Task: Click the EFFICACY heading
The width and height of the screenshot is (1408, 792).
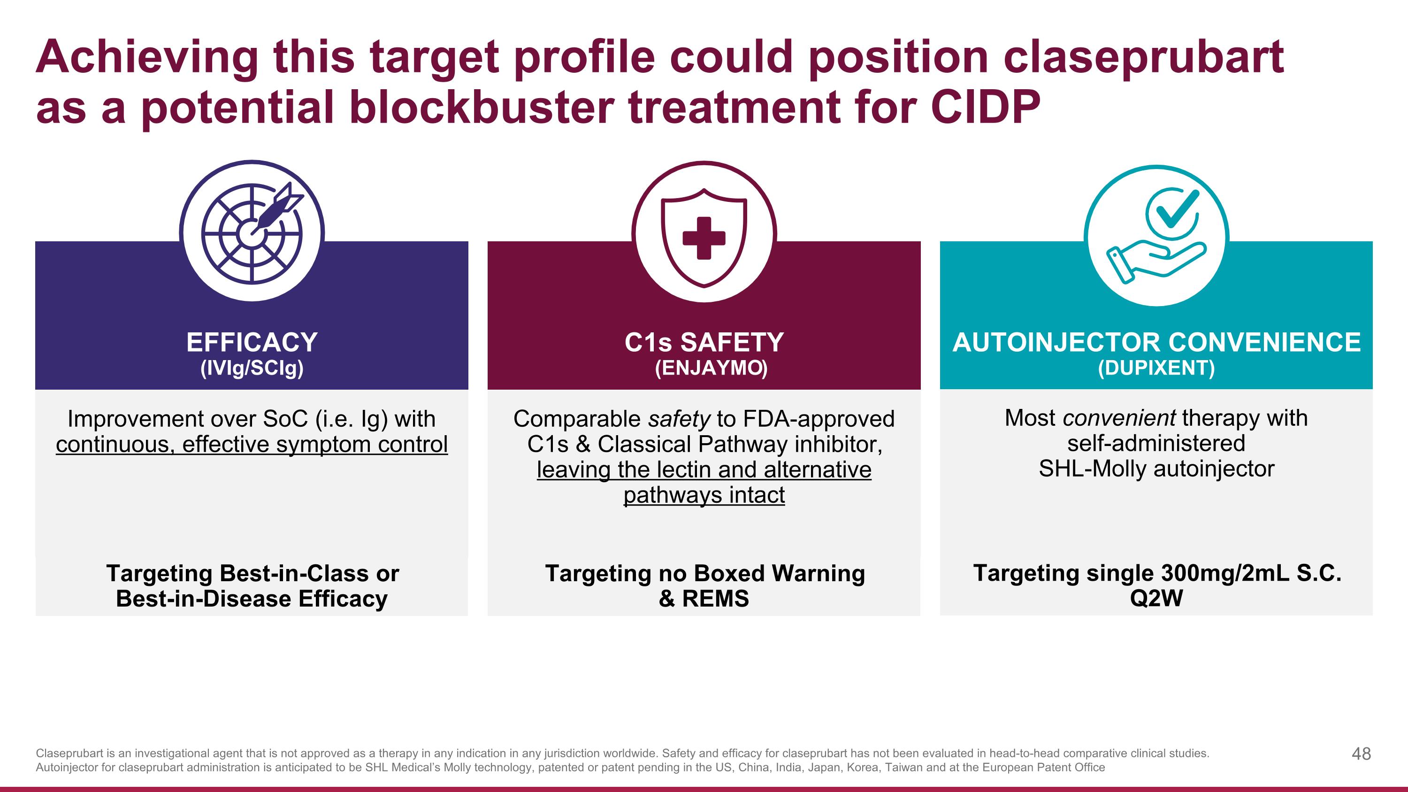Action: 252,343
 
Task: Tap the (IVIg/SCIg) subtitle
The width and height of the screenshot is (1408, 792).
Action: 252,368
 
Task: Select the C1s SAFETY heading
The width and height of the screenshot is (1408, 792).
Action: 704,343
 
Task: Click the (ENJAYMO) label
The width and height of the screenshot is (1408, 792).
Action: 711,368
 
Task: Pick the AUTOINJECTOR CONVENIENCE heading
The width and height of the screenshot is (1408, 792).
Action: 1156,343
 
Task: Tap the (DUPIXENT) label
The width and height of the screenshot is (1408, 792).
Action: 1156,368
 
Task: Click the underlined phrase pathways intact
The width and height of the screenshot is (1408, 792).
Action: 704,495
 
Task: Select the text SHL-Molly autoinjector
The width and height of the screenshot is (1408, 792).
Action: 1156,469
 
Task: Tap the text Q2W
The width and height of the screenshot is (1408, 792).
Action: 1156,598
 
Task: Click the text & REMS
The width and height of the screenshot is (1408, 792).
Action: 704,599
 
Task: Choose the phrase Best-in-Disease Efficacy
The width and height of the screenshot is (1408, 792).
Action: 252,599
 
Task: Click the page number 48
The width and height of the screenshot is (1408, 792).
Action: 1361,754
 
